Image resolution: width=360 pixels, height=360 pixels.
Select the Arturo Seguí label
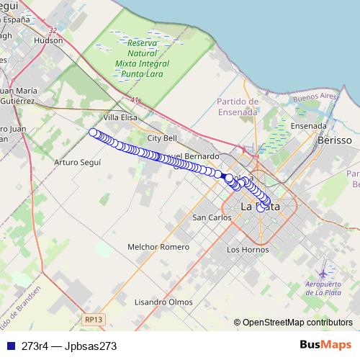click(77, 162)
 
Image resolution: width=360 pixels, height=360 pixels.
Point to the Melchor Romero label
click(158, 246)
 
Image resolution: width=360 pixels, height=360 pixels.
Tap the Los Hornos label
click(247, 249)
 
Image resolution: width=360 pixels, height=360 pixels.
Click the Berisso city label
click(334, 141)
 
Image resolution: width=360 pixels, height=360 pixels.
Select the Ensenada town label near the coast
click(308, 125)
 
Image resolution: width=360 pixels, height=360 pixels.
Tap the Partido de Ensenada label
click(237, 107)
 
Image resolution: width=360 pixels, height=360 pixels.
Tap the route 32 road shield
click(54, 30)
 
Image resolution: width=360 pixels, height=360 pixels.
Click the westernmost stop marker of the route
click(93, 132)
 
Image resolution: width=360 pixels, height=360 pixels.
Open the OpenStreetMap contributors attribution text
click(297, 323)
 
